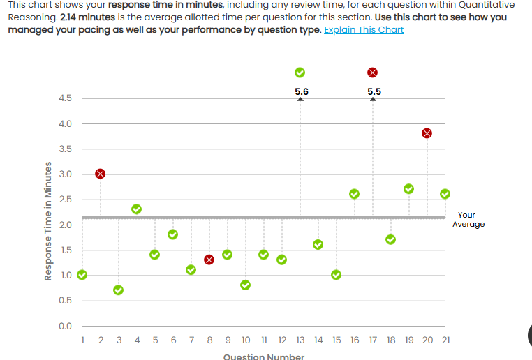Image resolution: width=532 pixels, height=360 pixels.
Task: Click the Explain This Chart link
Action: tap(364, 30)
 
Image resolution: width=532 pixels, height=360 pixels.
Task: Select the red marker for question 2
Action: tap(101, 173)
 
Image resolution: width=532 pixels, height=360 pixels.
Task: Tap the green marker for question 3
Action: tap(119, 290)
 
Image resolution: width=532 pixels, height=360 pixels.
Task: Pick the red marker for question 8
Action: tap(209, 260)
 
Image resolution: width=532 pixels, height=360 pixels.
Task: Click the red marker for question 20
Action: tap(427, 133)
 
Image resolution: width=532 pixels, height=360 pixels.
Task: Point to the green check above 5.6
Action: tap(300, 73)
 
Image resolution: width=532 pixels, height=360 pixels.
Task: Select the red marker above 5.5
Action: tap(373, 73)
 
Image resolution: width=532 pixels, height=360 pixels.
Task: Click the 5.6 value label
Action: tap(302, 91)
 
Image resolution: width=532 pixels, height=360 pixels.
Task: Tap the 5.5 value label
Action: tap(374, 91)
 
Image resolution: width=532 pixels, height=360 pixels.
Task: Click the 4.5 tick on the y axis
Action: tap(66, 98)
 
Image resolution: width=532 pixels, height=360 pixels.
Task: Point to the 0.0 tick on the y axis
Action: tap(66, 326)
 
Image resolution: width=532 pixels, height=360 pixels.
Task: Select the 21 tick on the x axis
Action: tap(445, 340)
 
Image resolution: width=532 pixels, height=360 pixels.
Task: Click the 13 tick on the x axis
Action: tap(300, 340)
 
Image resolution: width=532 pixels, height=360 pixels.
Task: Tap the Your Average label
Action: tap(468, 220)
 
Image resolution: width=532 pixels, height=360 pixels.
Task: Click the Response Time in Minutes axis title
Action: tap(48, 221)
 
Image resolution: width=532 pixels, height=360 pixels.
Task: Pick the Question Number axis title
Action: tap(264, 357)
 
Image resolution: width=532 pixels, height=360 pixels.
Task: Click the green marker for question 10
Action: tap(246, 285)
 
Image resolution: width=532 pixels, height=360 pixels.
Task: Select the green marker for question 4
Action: tap(137, 209)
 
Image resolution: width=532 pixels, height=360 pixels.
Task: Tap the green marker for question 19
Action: tap(409, 189)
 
